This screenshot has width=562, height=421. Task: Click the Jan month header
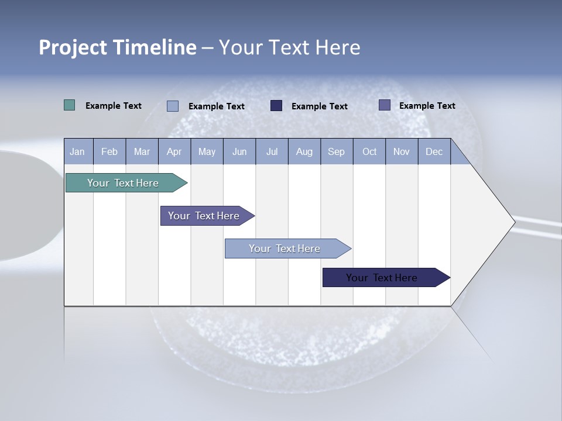point(77,151)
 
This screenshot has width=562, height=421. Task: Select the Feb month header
point(109,151)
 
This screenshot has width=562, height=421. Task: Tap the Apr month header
point(174,151)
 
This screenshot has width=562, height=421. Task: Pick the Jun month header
point(239,151)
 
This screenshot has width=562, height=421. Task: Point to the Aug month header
point(304,151)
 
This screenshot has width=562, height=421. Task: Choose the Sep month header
point(337,151)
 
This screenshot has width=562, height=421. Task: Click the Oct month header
point(369,151)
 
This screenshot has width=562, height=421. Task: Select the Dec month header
point(434,151)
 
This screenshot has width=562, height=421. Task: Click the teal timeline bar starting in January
point(123,183)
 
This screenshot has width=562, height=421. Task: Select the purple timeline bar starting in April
point(204,216)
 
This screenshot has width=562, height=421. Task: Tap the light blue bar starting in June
point(285,249)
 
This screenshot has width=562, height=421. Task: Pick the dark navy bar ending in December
point(382,278)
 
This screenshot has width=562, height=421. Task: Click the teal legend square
point(69,105)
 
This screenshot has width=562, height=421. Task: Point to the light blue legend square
point(173,106)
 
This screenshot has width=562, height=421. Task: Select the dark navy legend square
point(276,105)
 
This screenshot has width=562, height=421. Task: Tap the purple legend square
point(385,105)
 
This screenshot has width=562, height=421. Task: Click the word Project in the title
point(74,47)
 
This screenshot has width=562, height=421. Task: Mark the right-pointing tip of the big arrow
point(513,222)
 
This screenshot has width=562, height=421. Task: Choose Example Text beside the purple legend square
point(427,105)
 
